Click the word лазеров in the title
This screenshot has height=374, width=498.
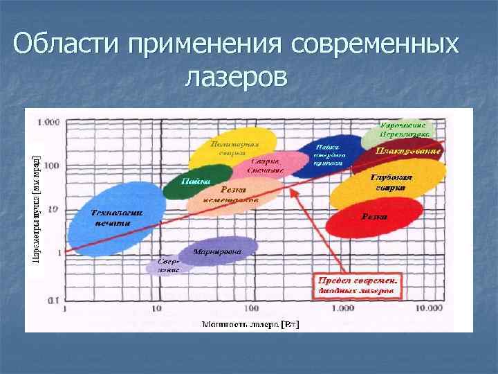[x=235, y=77]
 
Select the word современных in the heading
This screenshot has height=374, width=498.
[x=376, y=46]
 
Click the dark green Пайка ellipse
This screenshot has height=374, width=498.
[x=187, y=181]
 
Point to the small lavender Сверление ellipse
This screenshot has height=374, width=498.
[x=164, y=266]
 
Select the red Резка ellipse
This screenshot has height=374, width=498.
[x=374, y=217]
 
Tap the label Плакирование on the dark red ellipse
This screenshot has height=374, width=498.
[x=409, y=150]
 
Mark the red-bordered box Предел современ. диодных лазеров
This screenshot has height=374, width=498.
[x=358, y=286]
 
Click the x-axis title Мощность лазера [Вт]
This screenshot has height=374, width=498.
[x=250, y=323]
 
